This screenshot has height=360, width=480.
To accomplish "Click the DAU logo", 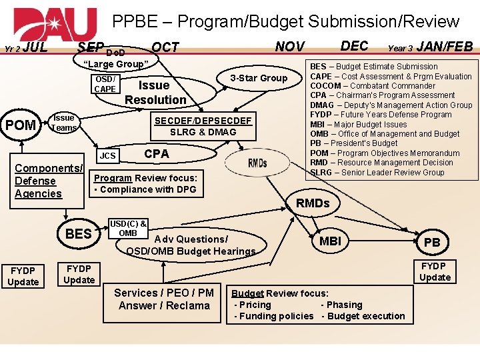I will tap(55, 25).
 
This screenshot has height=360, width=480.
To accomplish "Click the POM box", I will tap(21, 125).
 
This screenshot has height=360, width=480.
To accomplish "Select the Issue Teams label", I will tap(65, 123).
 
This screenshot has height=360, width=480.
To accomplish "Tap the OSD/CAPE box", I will tap(105, 84).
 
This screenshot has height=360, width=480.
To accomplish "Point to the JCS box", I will tap(108, 156).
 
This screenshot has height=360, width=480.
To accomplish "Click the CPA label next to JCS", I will tap(157, 153).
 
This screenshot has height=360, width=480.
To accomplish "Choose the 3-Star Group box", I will tap(259, 78).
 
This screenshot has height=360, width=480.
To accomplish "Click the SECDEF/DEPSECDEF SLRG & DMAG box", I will tap(203, 126).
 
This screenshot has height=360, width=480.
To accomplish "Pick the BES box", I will tap(79, 233).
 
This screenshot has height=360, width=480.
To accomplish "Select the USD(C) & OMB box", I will tap(128, 228).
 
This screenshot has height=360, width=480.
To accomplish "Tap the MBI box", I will tap(330, 241).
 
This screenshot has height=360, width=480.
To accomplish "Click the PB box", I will tap(433, 243).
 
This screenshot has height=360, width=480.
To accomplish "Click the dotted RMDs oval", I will tap(257, 163).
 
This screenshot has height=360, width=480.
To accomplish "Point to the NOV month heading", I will tap(290, 47).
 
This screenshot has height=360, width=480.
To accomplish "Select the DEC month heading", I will tap(354, 45).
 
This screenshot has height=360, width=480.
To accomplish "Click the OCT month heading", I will tap(165, 47).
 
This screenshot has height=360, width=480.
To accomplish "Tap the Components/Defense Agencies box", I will tap(47, 181).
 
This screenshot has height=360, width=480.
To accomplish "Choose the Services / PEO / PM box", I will tap(164, 299).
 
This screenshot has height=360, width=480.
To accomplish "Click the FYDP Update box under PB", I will tap(435, 271).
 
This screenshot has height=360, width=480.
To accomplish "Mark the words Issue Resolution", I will tap(155, 93).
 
